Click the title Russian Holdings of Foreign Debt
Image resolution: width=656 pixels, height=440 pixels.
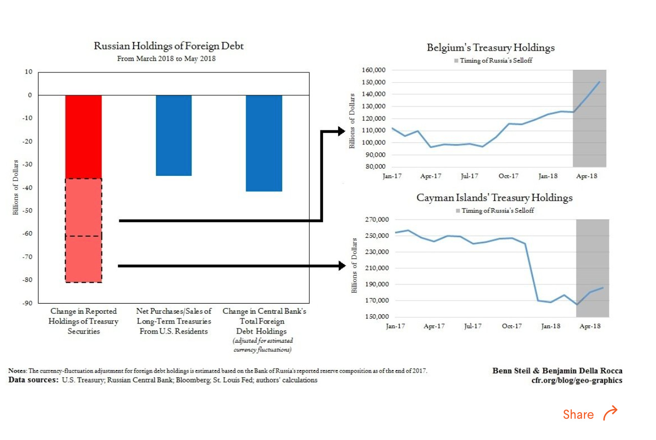[x=169, y=46]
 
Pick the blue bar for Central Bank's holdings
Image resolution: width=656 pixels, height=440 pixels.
[x=264, y=143]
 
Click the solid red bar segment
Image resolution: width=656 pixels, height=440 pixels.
[x=83, y=136]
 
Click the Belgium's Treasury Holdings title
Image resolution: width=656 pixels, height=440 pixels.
[x=490, y=48]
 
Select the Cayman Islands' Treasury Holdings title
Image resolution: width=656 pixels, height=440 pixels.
[x=494, y=198]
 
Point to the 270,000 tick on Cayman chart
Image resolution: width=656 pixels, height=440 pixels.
[x=375, y=220]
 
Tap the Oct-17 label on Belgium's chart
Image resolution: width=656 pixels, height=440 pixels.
[x=508, y=176]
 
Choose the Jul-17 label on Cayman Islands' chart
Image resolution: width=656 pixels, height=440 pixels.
[x=472, y=326]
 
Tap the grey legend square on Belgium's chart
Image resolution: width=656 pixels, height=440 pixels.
[x=456, y=61]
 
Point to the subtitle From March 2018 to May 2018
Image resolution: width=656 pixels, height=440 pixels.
[x=167, y=59]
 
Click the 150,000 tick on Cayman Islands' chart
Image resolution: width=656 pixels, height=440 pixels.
[x=375, y=317]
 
